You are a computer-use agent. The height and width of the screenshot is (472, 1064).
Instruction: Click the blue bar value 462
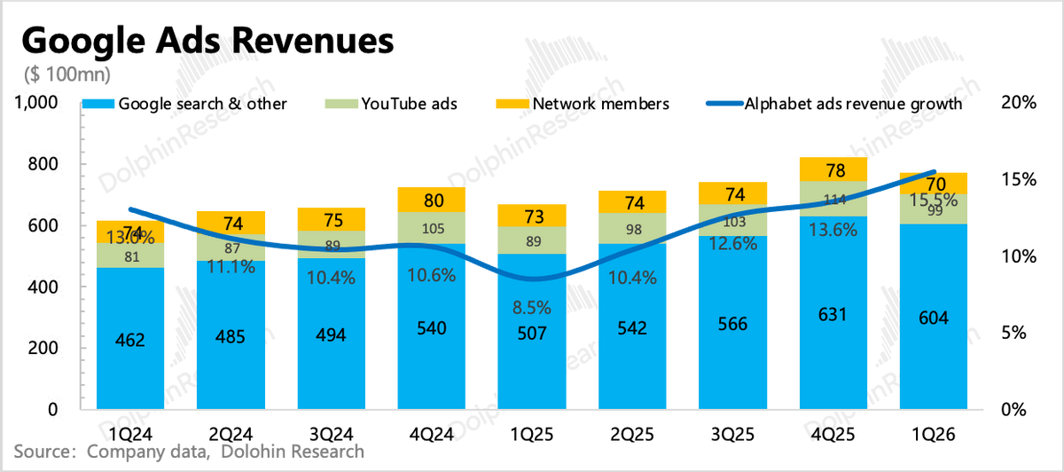tap(129, 340)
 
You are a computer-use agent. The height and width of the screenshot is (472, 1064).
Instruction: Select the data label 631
tap(833, 314)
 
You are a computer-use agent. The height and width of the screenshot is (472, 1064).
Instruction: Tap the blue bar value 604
tap(935, 319)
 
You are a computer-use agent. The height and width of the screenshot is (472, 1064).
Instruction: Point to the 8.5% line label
tap(532, 308)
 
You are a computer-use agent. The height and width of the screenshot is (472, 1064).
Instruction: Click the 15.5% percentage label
tap(935, 201)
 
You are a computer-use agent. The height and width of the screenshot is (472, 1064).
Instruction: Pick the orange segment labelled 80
tap(431, 200)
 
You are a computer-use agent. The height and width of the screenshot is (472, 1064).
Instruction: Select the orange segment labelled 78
tap(833, 170)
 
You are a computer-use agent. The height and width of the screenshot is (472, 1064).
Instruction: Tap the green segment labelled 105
tap(431, 229)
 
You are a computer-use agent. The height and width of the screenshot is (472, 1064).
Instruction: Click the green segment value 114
tap(833, 200)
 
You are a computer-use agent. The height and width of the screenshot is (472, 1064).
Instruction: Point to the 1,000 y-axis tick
tap(36, 103)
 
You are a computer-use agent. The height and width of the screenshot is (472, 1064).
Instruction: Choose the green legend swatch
tap(341, 104)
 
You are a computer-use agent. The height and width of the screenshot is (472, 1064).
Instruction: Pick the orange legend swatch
tap(512, 104)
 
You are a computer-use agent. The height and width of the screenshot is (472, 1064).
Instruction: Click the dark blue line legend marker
tap(724, 104)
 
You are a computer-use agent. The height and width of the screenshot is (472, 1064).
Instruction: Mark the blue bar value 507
tap(532, 334)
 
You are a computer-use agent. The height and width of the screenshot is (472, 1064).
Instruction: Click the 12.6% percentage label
tap(733, 243)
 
